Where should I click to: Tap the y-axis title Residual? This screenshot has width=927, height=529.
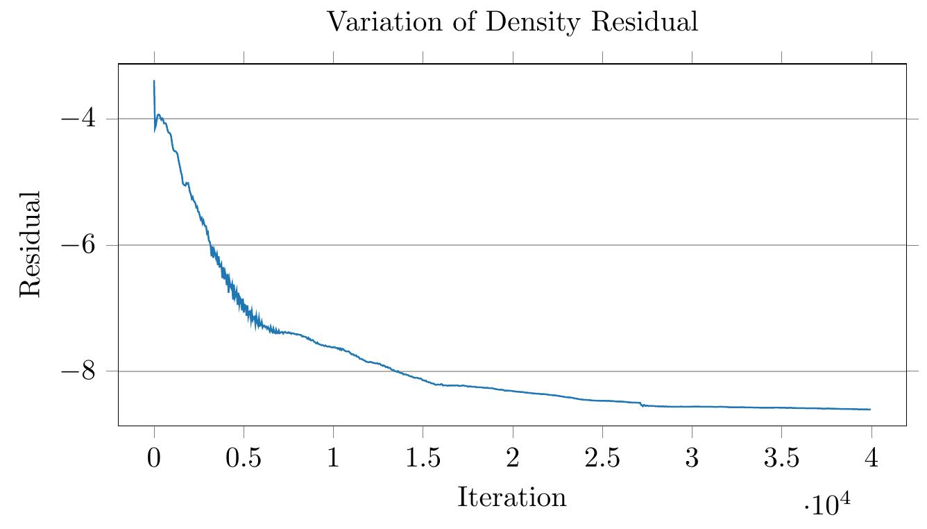[30, 244]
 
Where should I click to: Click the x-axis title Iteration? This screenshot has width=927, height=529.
[511, 498]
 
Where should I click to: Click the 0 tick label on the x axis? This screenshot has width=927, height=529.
[154, 460]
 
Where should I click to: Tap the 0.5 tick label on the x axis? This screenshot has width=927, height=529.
[244, 460]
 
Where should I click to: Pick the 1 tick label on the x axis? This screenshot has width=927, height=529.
[333, 460]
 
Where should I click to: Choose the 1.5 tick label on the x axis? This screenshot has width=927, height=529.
[423, 460]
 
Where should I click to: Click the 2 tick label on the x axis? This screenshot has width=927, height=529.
[513, 460]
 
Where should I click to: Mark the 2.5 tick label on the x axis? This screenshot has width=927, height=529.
[602, 460]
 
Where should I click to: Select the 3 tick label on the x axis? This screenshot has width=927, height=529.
[692, 460]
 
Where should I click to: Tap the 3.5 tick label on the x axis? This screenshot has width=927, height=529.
[781, 460]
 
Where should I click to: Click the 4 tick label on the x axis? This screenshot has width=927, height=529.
[871, 460]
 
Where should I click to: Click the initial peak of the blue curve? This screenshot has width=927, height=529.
[154, 81]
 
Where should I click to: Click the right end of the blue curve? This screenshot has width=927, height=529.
[869, 409]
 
